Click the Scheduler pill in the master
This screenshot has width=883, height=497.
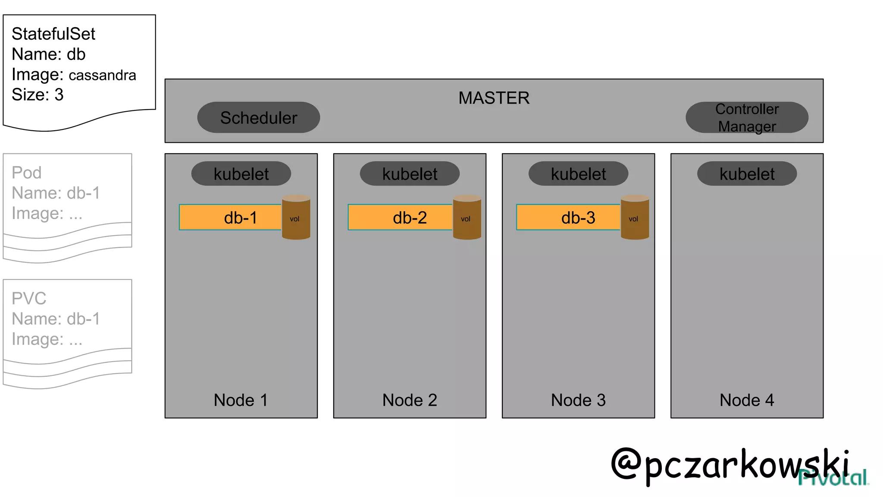click(258, 117)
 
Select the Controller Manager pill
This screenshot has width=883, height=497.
click(747, 117)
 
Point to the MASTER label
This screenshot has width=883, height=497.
click(494, 98)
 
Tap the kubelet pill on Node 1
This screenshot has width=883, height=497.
click(241, 174)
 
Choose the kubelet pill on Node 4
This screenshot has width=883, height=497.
click(747, 174)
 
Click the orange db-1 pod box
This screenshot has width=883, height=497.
click(230, 217)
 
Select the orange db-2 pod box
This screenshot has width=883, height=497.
click(400, 217)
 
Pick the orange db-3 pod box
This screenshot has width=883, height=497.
click(568, 217)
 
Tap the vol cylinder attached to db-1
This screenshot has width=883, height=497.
click(296, 217)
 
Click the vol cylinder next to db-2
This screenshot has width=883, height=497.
click(467, 217)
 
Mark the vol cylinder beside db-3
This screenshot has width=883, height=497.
click(635, 217)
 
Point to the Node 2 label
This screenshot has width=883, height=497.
click(410, 400)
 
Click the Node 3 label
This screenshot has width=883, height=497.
click(578, 400)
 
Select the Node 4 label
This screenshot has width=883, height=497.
click(747, 400)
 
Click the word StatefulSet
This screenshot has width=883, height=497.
click(53, 34)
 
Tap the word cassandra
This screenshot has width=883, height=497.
click(102, 75)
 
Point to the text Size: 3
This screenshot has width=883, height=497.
click(38, 94)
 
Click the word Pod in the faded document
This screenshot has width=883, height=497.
click(27, 173)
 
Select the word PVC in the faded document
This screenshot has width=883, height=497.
click(29, 299)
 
